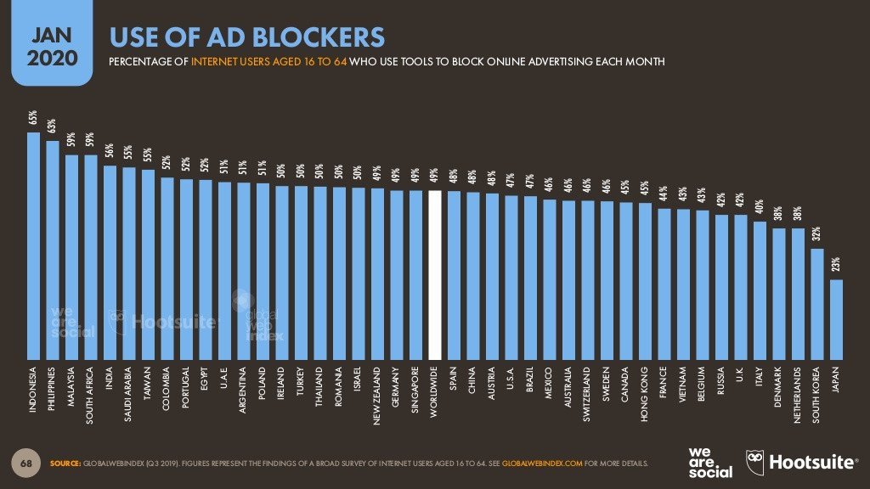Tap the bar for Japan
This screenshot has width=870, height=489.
[x=836, y=318]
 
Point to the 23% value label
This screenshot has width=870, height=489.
[x=836, y=266]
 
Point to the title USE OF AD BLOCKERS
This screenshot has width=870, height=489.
[x=246, y=37]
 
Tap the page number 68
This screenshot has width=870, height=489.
[x=25, y=464]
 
